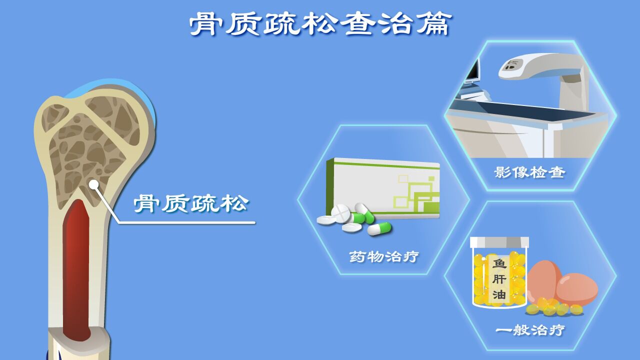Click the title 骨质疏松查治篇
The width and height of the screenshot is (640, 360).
pyautogui.click(x=320, y=24)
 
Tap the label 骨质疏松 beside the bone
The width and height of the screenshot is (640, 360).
pyautogui.click(x=191, y=203)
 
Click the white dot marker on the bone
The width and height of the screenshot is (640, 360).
pyautogui.click(x=93, y=184)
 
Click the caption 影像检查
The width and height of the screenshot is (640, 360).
pyautogui.click(x=530, y=172)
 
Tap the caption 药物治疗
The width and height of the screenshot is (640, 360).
pyautogui.click(x=384, y=256)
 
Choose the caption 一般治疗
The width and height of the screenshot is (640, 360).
pyautogui.click(x=530, y=330)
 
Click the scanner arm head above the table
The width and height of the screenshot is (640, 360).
pyautogui.click(x=514, y=66)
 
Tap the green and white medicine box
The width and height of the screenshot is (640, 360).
pyautogui.click(x=383, y=188)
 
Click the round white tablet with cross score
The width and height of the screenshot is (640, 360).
pyautogui.click(x=340, y=213)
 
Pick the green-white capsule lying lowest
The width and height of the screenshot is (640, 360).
pyautogui.click(x=379, y=229)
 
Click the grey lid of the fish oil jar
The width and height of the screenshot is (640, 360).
pyautogui.click(x=499, y=242)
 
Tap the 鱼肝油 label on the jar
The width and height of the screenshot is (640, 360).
pyautogui.click(x=499, y=279)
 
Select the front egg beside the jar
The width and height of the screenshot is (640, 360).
pyautogui.click(x=576, y=289)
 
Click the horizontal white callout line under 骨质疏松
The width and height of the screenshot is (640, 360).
pyautogui.click(x=187, y=222)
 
